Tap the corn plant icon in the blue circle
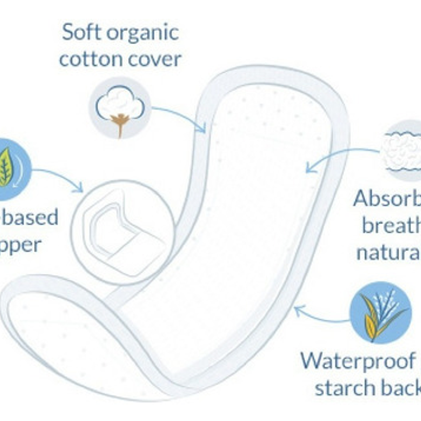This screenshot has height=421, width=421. coord(380,313)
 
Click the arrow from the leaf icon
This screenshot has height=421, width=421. coord(59,178)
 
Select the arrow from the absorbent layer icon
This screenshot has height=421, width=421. coord(339,158)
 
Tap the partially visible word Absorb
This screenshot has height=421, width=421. coord(386,199)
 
